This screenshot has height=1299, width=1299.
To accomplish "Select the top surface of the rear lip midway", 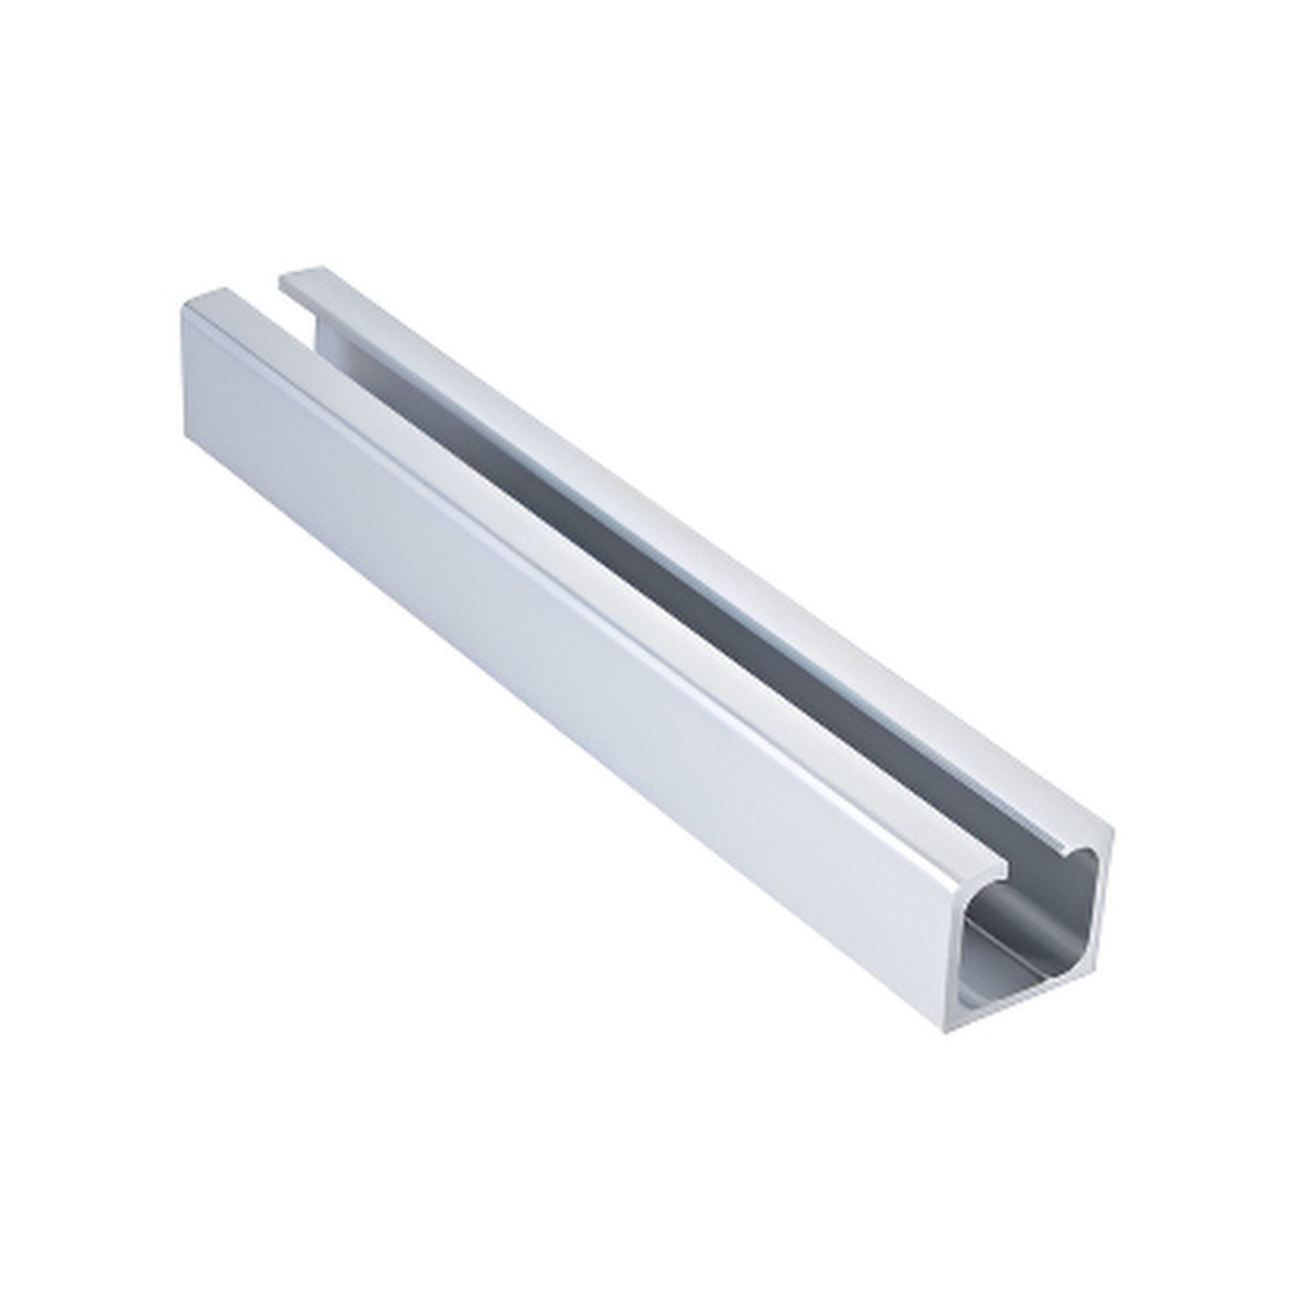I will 703,548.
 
